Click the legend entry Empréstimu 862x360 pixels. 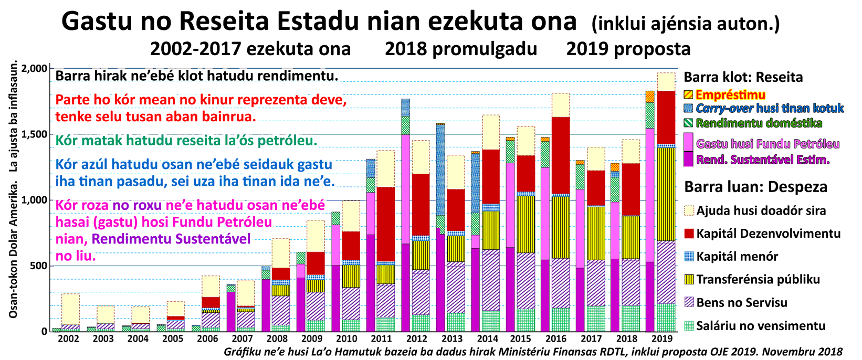click(x=730, y=95)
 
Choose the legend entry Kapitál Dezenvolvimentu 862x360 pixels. click(x=768, y=234)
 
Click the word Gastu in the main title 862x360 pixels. click(x=98, y=22)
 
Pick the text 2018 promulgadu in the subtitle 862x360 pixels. click(x=460, y=49)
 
